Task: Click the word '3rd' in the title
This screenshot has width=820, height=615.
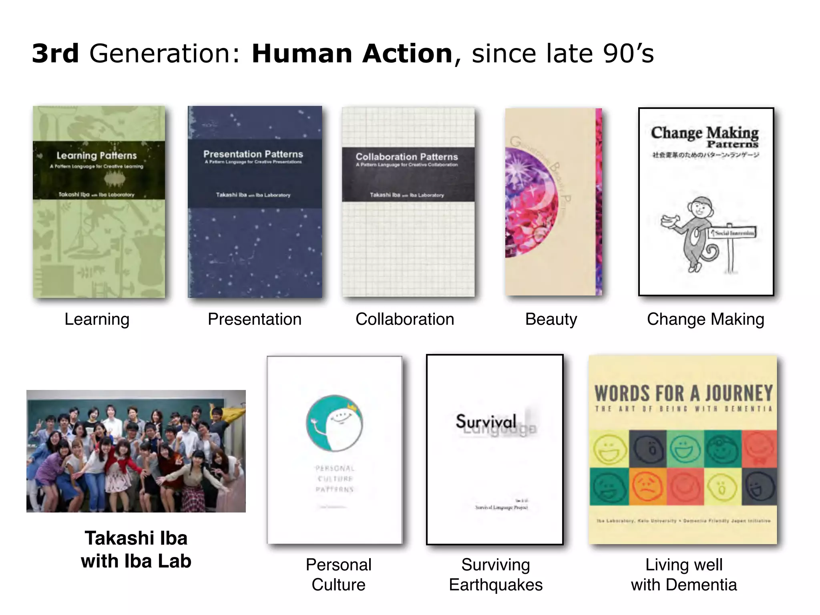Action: point(55,54)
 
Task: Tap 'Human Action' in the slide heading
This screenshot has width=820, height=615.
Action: point(352,54)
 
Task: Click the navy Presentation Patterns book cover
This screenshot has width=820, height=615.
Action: point(255,248)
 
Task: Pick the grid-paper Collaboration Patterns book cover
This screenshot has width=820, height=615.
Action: point(408,248)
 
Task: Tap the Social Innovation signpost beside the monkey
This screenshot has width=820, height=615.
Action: point(732,233)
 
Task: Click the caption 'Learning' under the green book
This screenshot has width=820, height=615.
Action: point(97,319)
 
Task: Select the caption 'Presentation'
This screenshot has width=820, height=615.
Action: point(255,319)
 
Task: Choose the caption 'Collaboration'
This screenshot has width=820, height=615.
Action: point(405,319)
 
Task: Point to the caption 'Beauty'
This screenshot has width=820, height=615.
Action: point(551,319)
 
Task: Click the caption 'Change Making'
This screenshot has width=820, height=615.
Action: point(705,319)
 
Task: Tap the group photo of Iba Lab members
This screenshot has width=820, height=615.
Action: point(136,451)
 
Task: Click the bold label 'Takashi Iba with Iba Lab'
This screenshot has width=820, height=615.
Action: point(136,549)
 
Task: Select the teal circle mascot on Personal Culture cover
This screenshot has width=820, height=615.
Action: point(334,423)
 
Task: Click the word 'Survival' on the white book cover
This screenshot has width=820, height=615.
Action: point(486,421)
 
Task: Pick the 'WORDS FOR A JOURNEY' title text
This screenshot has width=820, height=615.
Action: point(683,393)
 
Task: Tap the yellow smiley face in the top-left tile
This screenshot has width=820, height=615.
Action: point(609,449)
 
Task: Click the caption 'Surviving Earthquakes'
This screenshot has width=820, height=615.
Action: point(496,575)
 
